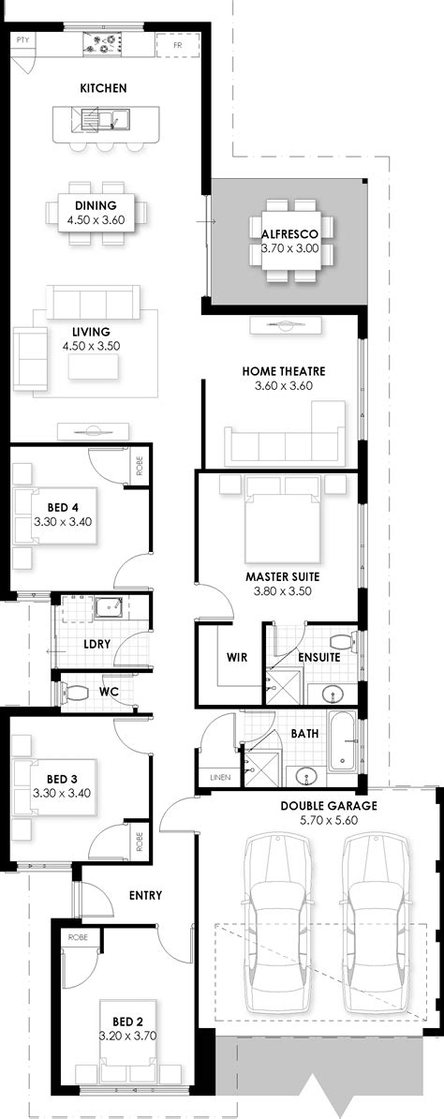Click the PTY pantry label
[23, 40]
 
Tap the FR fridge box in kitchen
[178, 44]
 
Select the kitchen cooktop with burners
[104, 42]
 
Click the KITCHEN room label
[103, 88]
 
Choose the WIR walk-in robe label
[236, 657]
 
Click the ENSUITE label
[318, 657]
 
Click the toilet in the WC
[73, 692]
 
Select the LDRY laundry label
[98, 646]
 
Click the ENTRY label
[145, 895]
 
